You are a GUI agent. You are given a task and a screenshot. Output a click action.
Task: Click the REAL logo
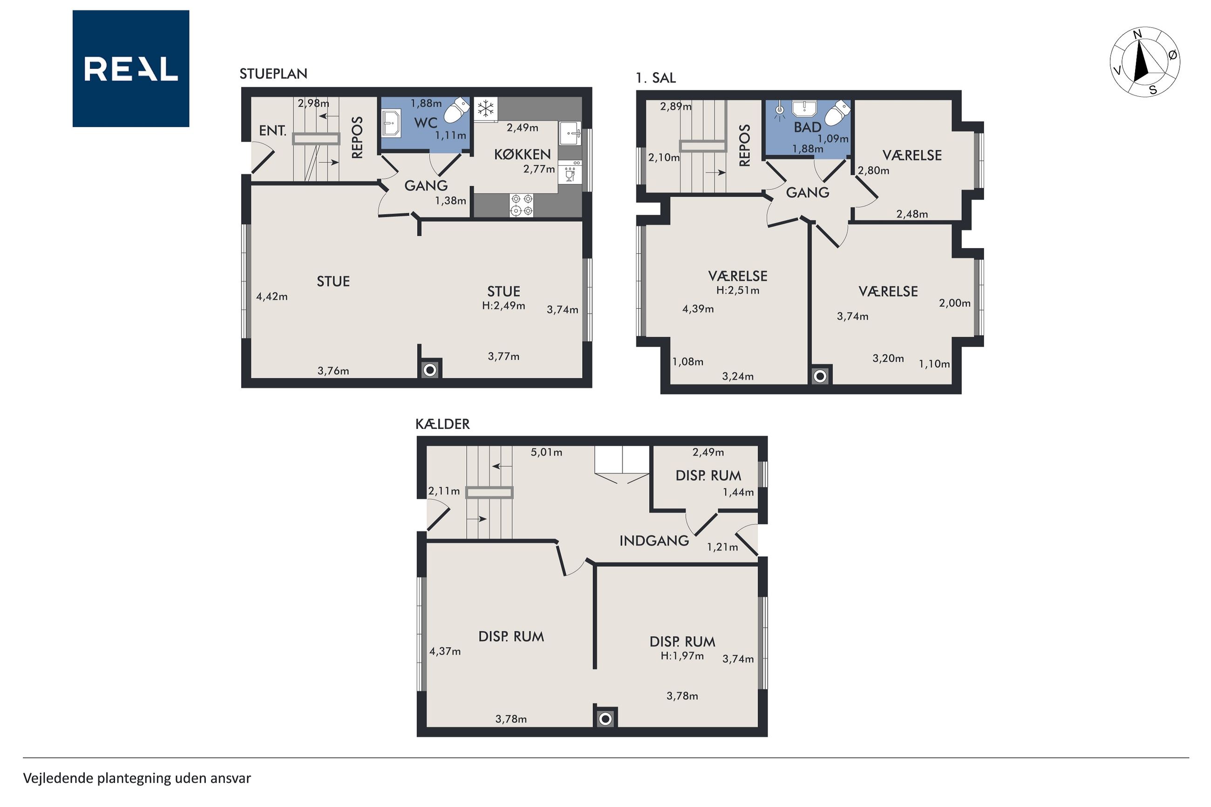tap(131, 68)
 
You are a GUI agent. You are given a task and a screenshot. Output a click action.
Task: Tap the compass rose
tap(1144, 62)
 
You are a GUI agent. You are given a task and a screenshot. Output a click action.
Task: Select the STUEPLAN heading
tap(273, 74)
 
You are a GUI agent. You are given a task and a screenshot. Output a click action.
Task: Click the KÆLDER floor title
tap(442, 424)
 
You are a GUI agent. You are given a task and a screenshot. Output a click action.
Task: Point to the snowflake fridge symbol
tap(485, 109)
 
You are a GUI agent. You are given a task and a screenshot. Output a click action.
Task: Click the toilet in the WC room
tap(456, 111)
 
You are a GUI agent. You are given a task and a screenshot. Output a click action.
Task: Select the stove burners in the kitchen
tap(521, 205)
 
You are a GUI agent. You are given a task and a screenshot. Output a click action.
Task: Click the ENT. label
tap(273, 131)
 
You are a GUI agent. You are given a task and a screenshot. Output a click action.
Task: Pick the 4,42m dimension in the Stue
tap(272, 297)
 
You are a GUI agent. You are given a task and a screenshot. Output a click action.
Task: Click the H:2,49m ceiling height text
tap(503, 306)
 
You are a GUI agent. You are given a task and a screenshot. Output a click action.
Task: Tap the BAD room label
tap(807, 127)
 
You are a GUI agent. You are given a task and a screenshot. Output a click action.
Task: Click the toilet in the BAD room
tap(837, 113)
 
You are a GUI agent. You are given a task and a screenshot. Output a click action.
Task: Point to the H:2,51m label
tap(737, 290)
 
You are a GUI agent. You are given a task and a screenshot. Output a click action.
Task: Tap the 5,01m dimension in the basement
tap(546, 452)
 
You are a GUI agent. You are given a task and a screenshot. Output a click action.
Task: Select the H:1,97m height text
tap(682, 656)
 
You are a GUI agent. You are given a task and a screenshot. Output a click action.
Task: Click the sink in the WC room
tap(391, 123)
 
